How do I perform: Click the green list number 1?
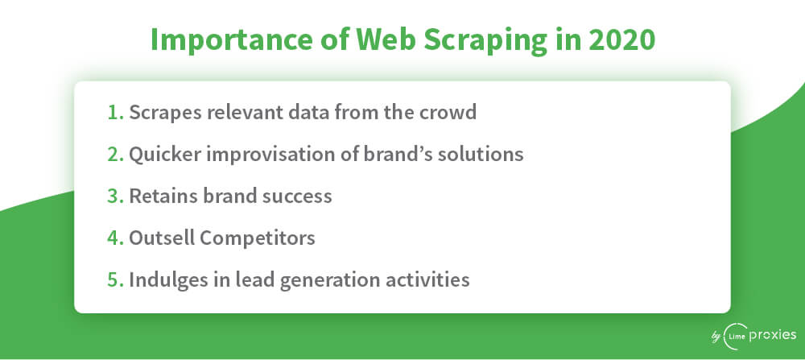coord(115,112)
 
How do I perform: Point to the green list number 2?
coord(115,154)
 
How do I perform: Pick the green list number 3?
coord(115,197)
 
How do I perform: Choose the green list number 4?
coord(115,238)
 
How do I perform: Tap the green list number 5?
coord(115,280)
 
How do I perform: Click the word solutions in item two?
coord(481,154)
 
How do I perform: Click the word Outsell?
coord(161,238)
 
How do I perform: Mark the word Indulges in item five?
coord(163,281)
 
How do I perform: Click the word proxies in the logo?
coord(773,337)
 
